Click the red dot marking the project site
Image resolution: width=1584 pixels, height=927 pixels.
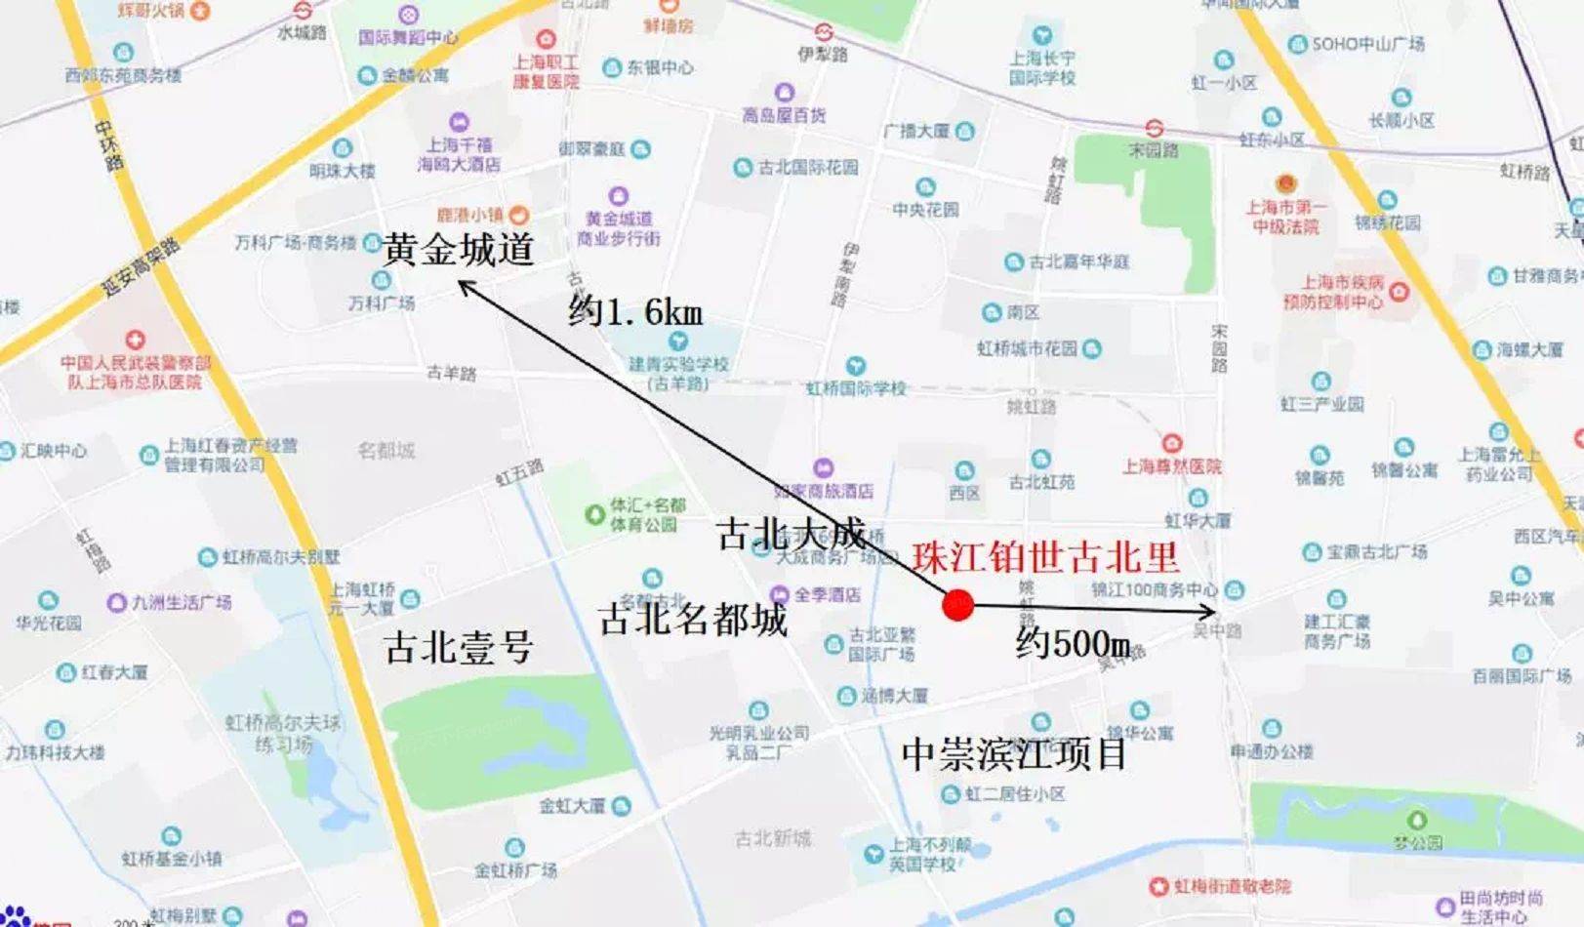pyautogui.click(x=958, y=605)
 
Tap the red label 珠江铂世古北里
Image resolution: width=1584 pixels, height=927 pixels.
pyautogui.click(x=1045, y=557)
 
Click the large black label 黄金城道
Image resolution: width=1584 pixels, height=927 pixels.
pyautogui.click(x=459, y=250)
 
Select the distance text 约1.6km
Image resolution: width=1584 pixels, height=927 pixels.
pyautogui.click(x=635, y=311)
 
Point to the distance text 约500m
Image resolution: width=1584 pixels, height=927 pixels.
pyautogui.click(x=1073, y=643)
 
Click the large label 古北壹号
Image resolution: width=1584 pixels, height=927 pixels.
pyautogui.click(x=459, y=647)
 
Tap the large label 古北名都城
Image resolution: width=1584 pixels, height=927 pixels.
pyautogui.click(x=693, y=619)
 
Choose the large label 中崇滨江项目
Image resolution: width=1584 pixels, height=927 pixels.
pyautogui.click(x=1013, y=753)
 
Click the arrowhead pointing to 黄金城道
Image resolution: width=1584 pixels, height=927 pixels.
pyautogui.click(x=464, y=285)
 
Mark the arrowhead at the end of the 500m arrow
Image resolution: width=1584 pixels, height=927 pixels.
pyautogui.click(x=1210, y=613)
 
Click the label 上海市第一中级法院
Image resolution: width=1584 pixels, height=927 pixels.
pyautogui.click(x=1285, y=217)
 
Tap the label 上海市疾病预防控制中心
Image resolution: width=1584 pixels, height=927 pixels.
pyautogui.click(x=1333, y=292)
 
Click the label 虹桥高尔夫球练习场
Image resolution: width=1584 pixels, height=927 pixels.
pyautogui.click(x=283, y=733)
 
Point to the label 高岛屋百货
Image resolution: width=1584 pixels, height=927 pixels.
pyautogui.click(x=783, y=115)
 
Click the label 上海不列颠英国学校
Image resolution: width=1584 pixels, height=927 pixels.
pyautogui.click(x=929, y=854)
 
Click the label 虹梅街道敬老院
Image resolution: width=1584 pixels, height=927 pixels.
pyautogui.click(x=1232, y=886)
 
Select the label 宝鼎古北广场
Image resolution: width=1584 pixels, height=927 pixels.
pyautogui.click(x=1376, y=552)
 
